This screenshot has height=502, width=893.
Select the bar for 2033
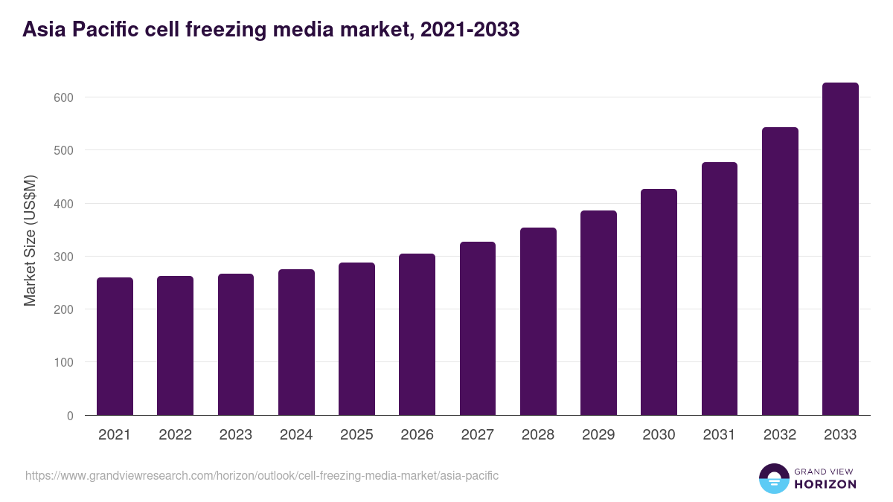(x=840, y=249)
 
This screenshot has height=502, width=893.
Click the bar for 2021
(x=115, y=347)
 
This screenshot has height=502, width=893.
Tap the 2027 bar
(x=478, y=329)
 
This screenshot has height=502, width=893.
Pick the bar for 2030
(x=659, y=302)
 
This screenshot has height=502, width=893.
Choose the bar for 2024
(x=296, y=342)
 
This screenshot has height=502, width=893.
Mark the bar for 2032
(x=780, y=271)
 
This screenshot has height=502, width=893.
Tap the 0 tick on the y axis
(x=70, y=416)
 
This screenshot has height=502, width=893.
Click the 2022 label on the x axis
(x=175, y=435)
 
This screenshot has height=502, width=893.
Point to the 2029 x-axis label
(x=598, y=435)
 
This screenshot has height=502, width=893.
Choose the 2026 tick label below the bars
(x=417, y=435)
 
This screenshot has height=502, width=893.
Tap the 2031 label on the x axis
(x=719, y=435)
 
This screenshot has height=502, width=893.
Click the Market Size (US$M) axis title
(x=30, y=241)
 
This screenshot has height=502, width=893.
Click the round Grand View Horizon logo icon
(x=773, y=478)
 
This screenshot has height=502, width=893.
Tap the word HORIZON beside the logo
(x=825, y=484)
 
